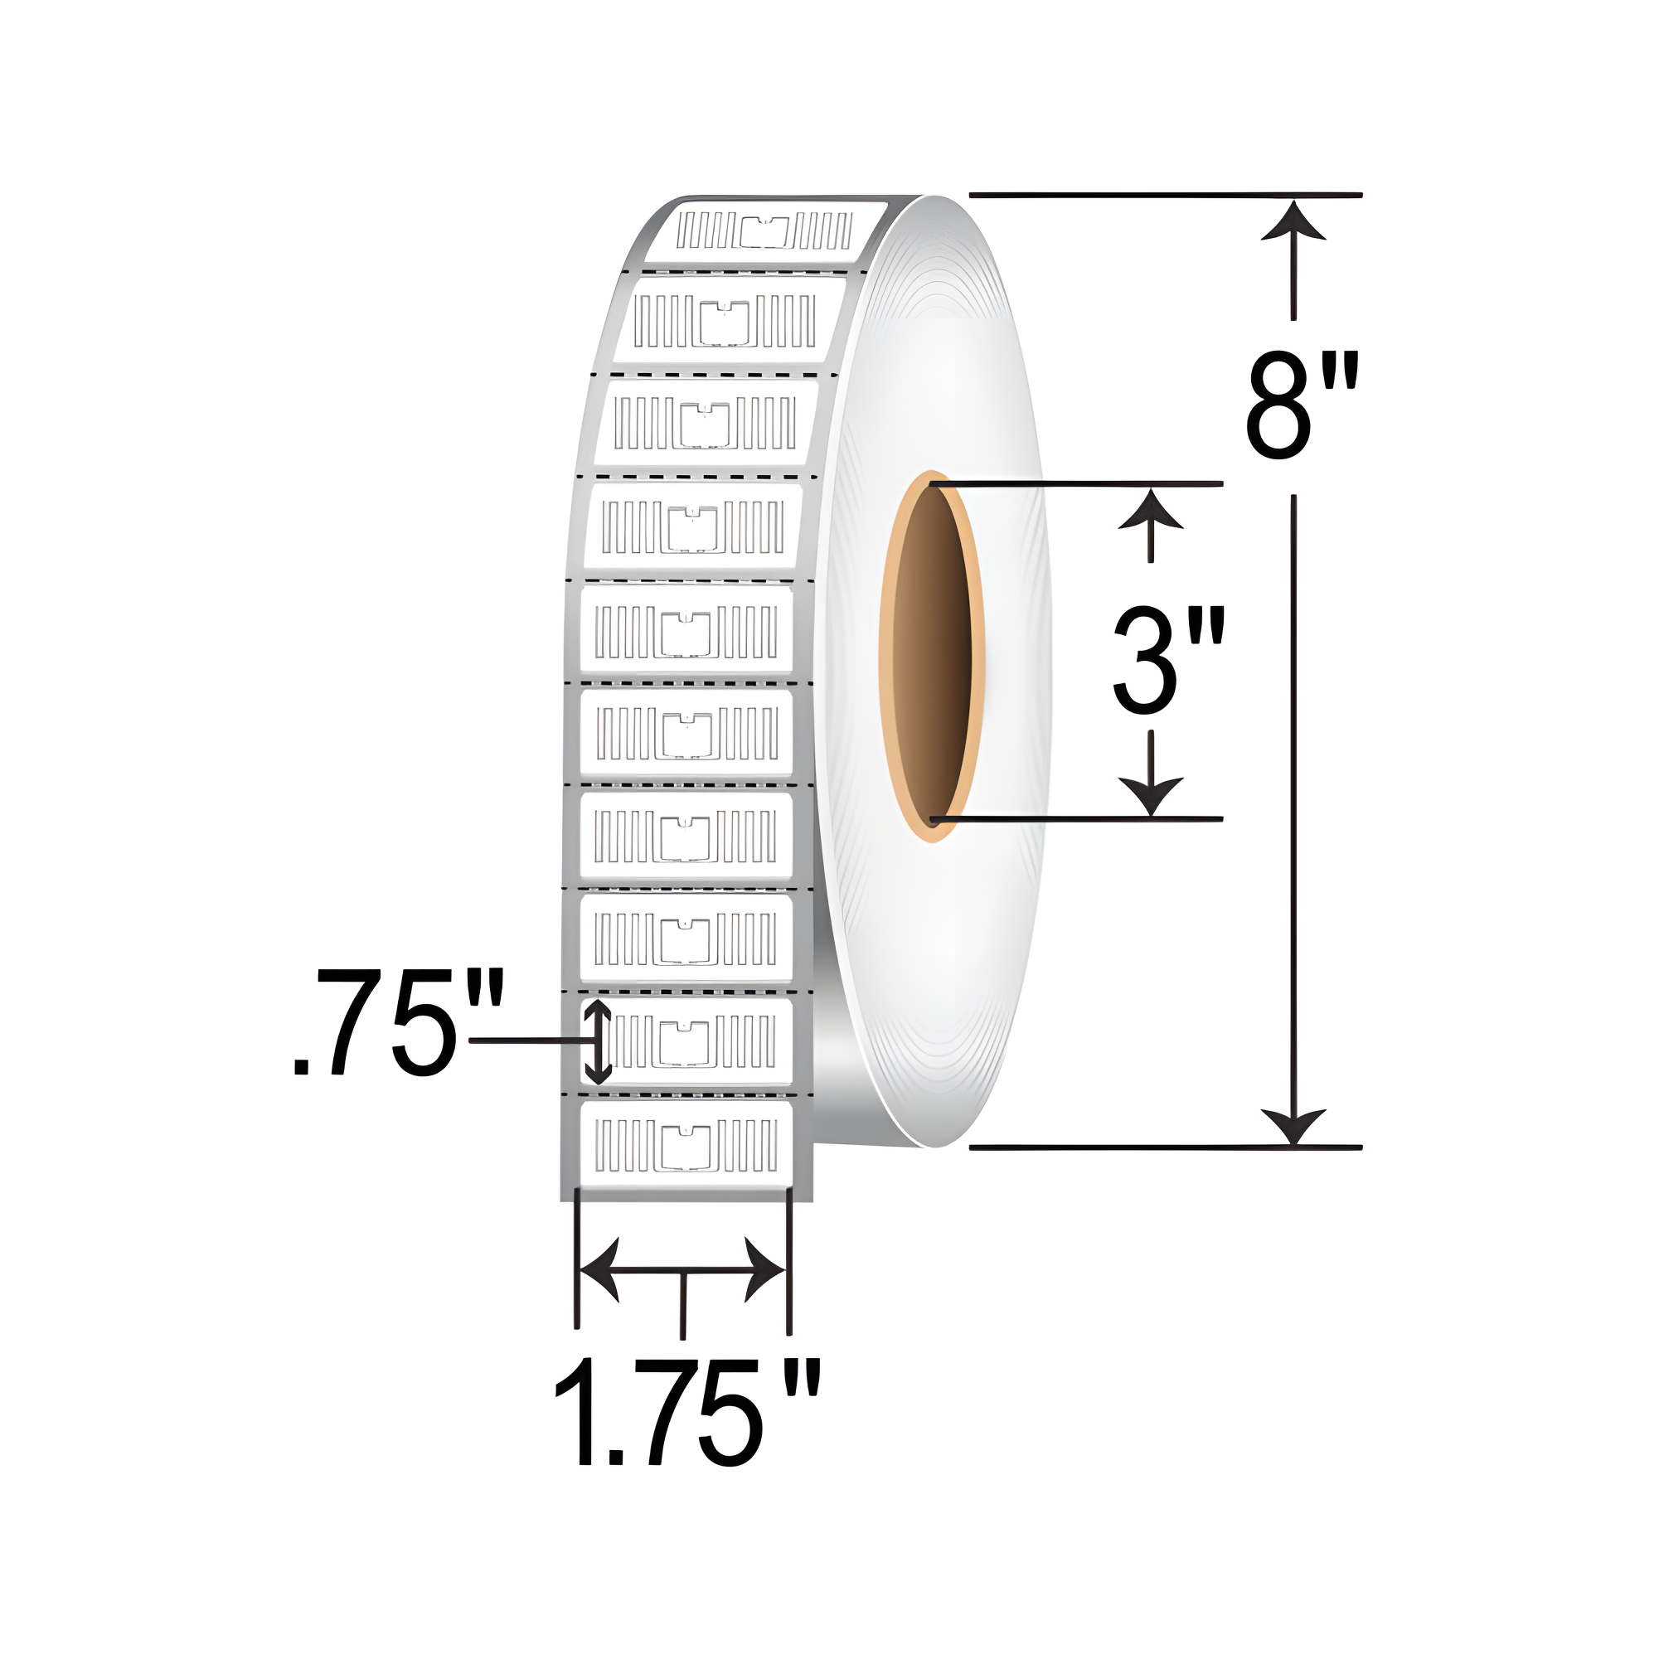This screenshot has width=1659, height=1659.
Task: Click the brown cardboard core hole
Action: click(x=932, y=656)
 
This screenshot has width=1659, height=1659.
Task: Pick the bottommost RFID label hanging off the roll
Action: click(x=687, y=1147)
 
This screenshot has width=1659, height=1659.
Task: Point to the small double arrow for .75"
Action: click(x=598, y=1041)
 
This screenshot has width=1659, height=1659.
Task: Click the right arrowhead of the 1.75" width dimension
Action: click(x=764, y=1270)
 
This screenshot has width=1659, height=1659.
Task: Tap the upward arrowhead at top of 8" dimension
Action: click(x=1293, y=221)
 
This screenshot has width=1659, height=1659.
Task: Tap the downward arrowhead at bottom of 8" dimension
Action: click(x=1293, y=1124)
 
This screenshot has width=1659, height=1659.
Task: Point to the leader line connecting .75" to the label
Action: click(x=528, y=1040)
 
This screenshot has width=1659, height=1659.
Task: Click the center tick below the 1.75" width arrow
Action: click(x=682, y=1305)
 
